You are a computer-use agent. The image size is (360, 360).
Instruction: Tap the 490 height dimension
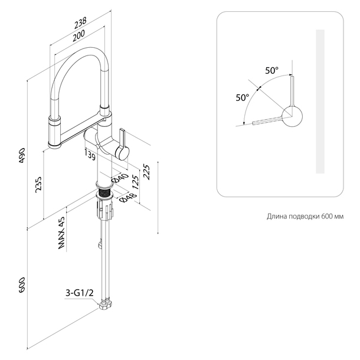coord(22,153)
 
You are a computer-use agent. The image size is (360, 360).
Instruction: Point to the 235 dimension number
coord(37,184)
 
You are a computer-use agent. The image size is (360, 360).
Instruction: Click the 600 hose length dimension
coord(22,285)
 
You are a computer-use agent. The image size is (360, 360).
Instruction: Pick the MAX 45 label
coord(61,234)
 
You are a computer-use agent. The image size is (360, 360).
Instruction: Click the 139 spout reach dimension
coord(90,155)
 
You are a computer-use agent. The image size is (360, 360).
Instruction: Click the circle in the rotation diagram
coord(292,116)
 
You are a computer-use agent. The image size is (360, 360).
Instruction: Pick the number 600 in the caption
coord(326,217)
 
